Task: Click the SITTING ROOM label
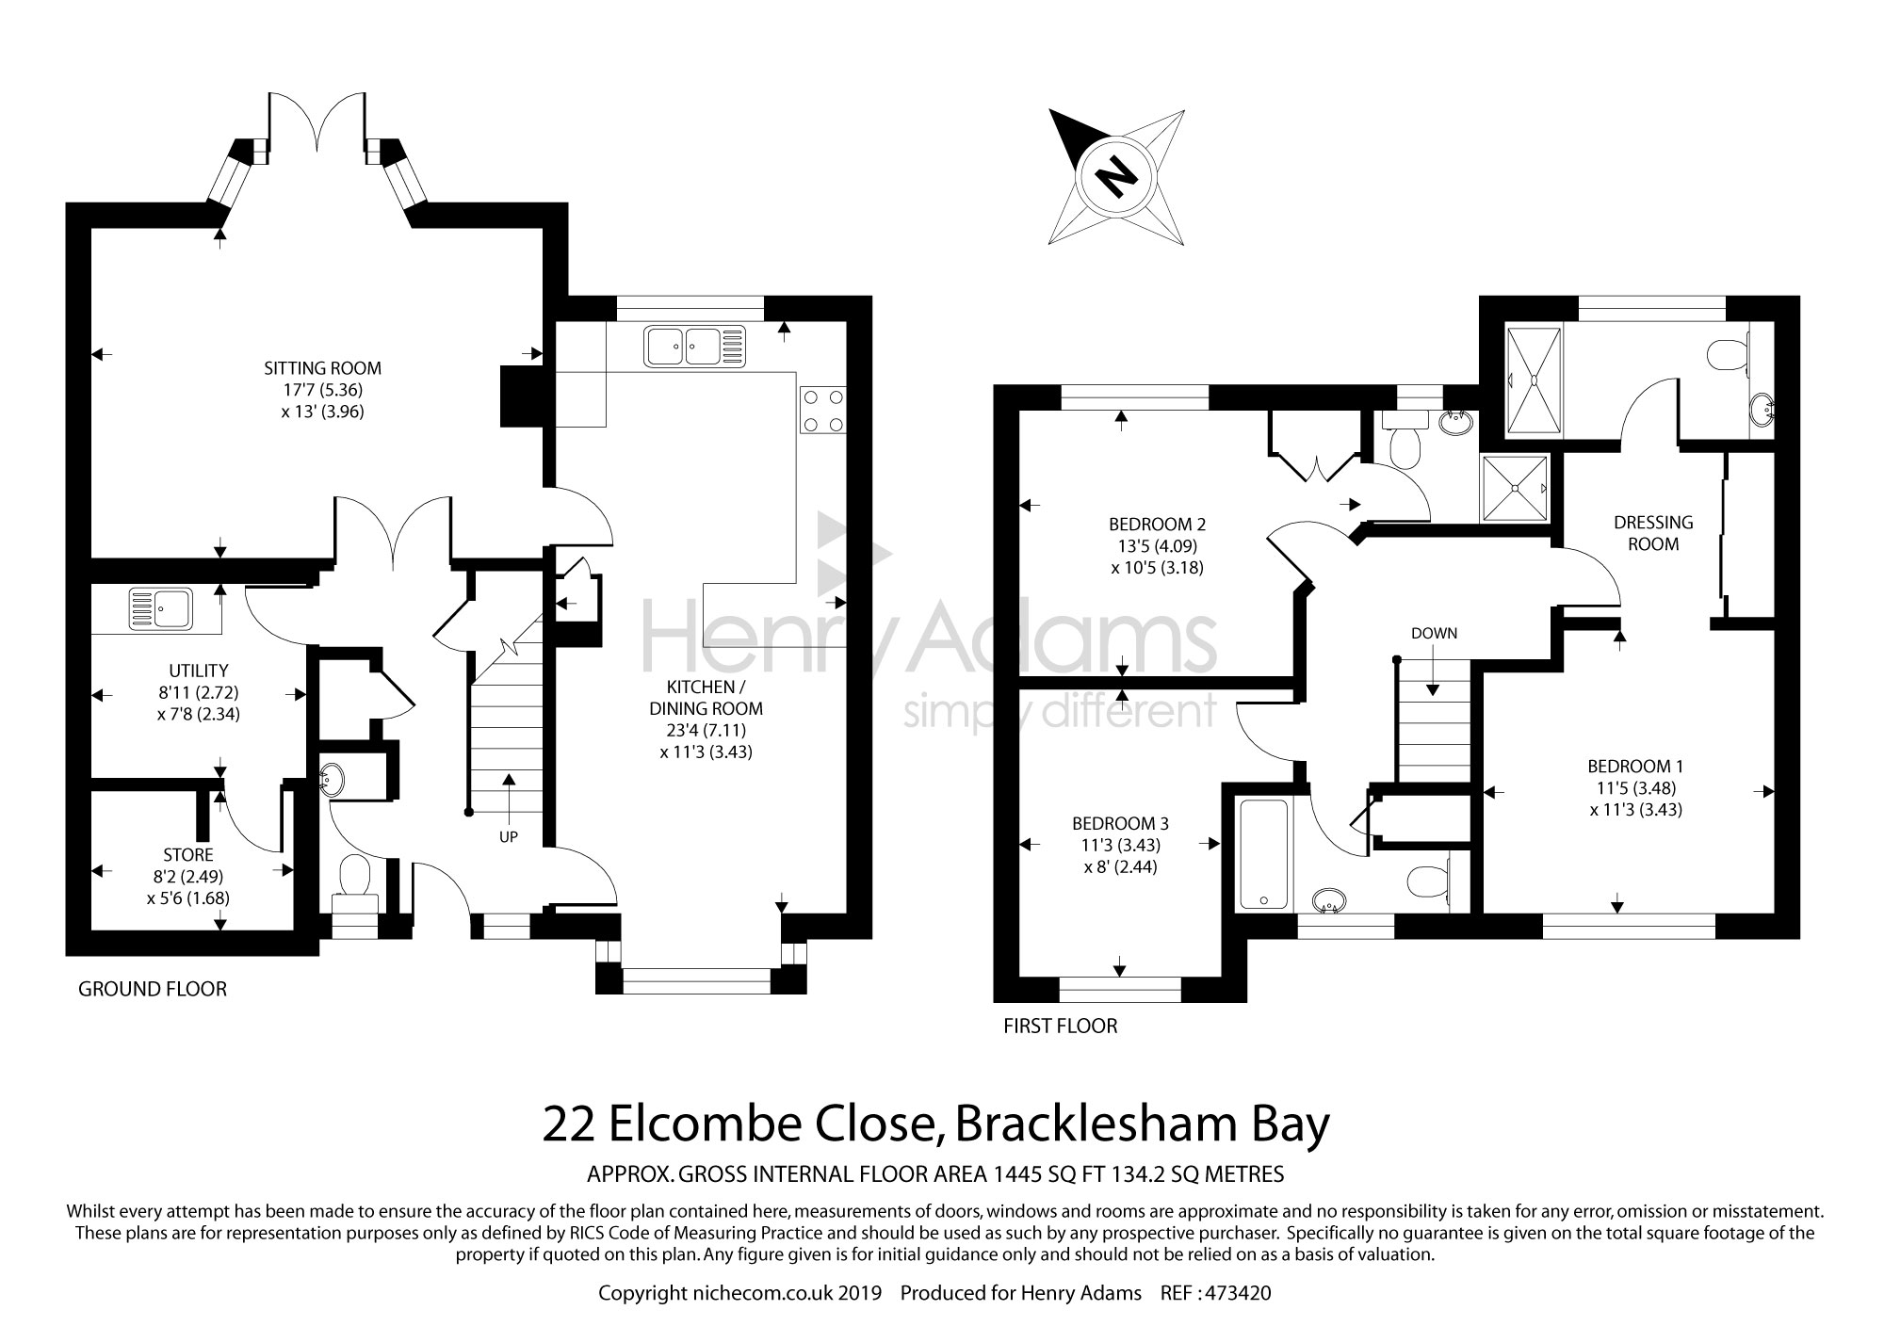click(322, 368)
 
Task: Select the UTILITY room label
click(198, 671)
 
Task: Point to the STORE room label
click(188, 855)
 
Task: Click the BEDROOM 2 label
click(1157, 525)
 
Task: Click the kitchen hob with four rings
click(821, 410)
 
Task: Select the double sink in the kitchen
click(694, 346)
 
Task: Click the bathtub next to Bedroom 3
click(1263, 854)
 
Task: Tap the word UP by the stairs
click(509, 836)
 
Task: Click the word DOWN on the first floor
click(1434, 633)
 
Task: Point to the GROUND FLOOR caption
click(153, 989)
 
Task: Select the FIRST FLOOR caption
click(1061, 1027)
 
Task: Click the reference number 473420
click(1237, 1293)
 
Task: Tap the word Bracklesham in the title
click(1095, 1125)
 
